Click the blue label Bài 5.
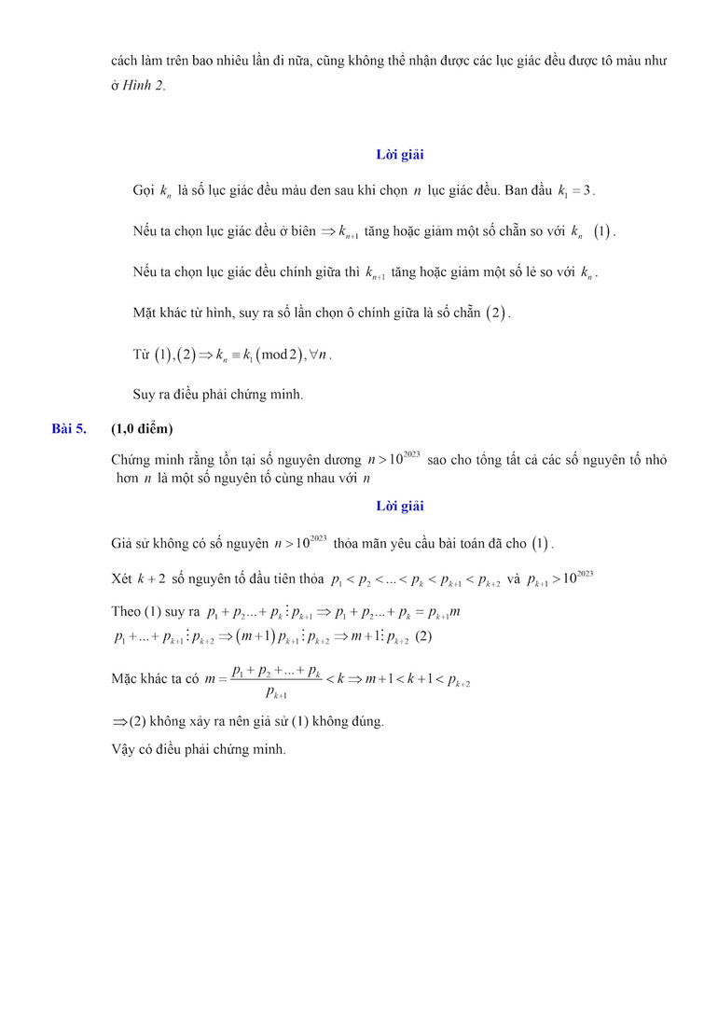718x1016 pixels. coord(69,429)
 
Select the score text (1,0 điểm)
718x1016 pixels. coord(142,429)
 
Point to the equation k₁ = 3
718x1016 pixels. coord(575,191)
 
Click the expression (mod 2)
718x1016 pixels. coord(276,355)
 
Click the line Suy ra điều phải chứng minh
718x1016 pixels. coord(218,394)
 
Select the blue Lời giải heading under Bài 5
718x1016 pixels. coord(399,507)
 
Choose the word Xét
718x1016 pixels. coord(121,579)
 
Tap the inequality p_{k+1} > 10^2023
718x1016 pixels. coord(559,578)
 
